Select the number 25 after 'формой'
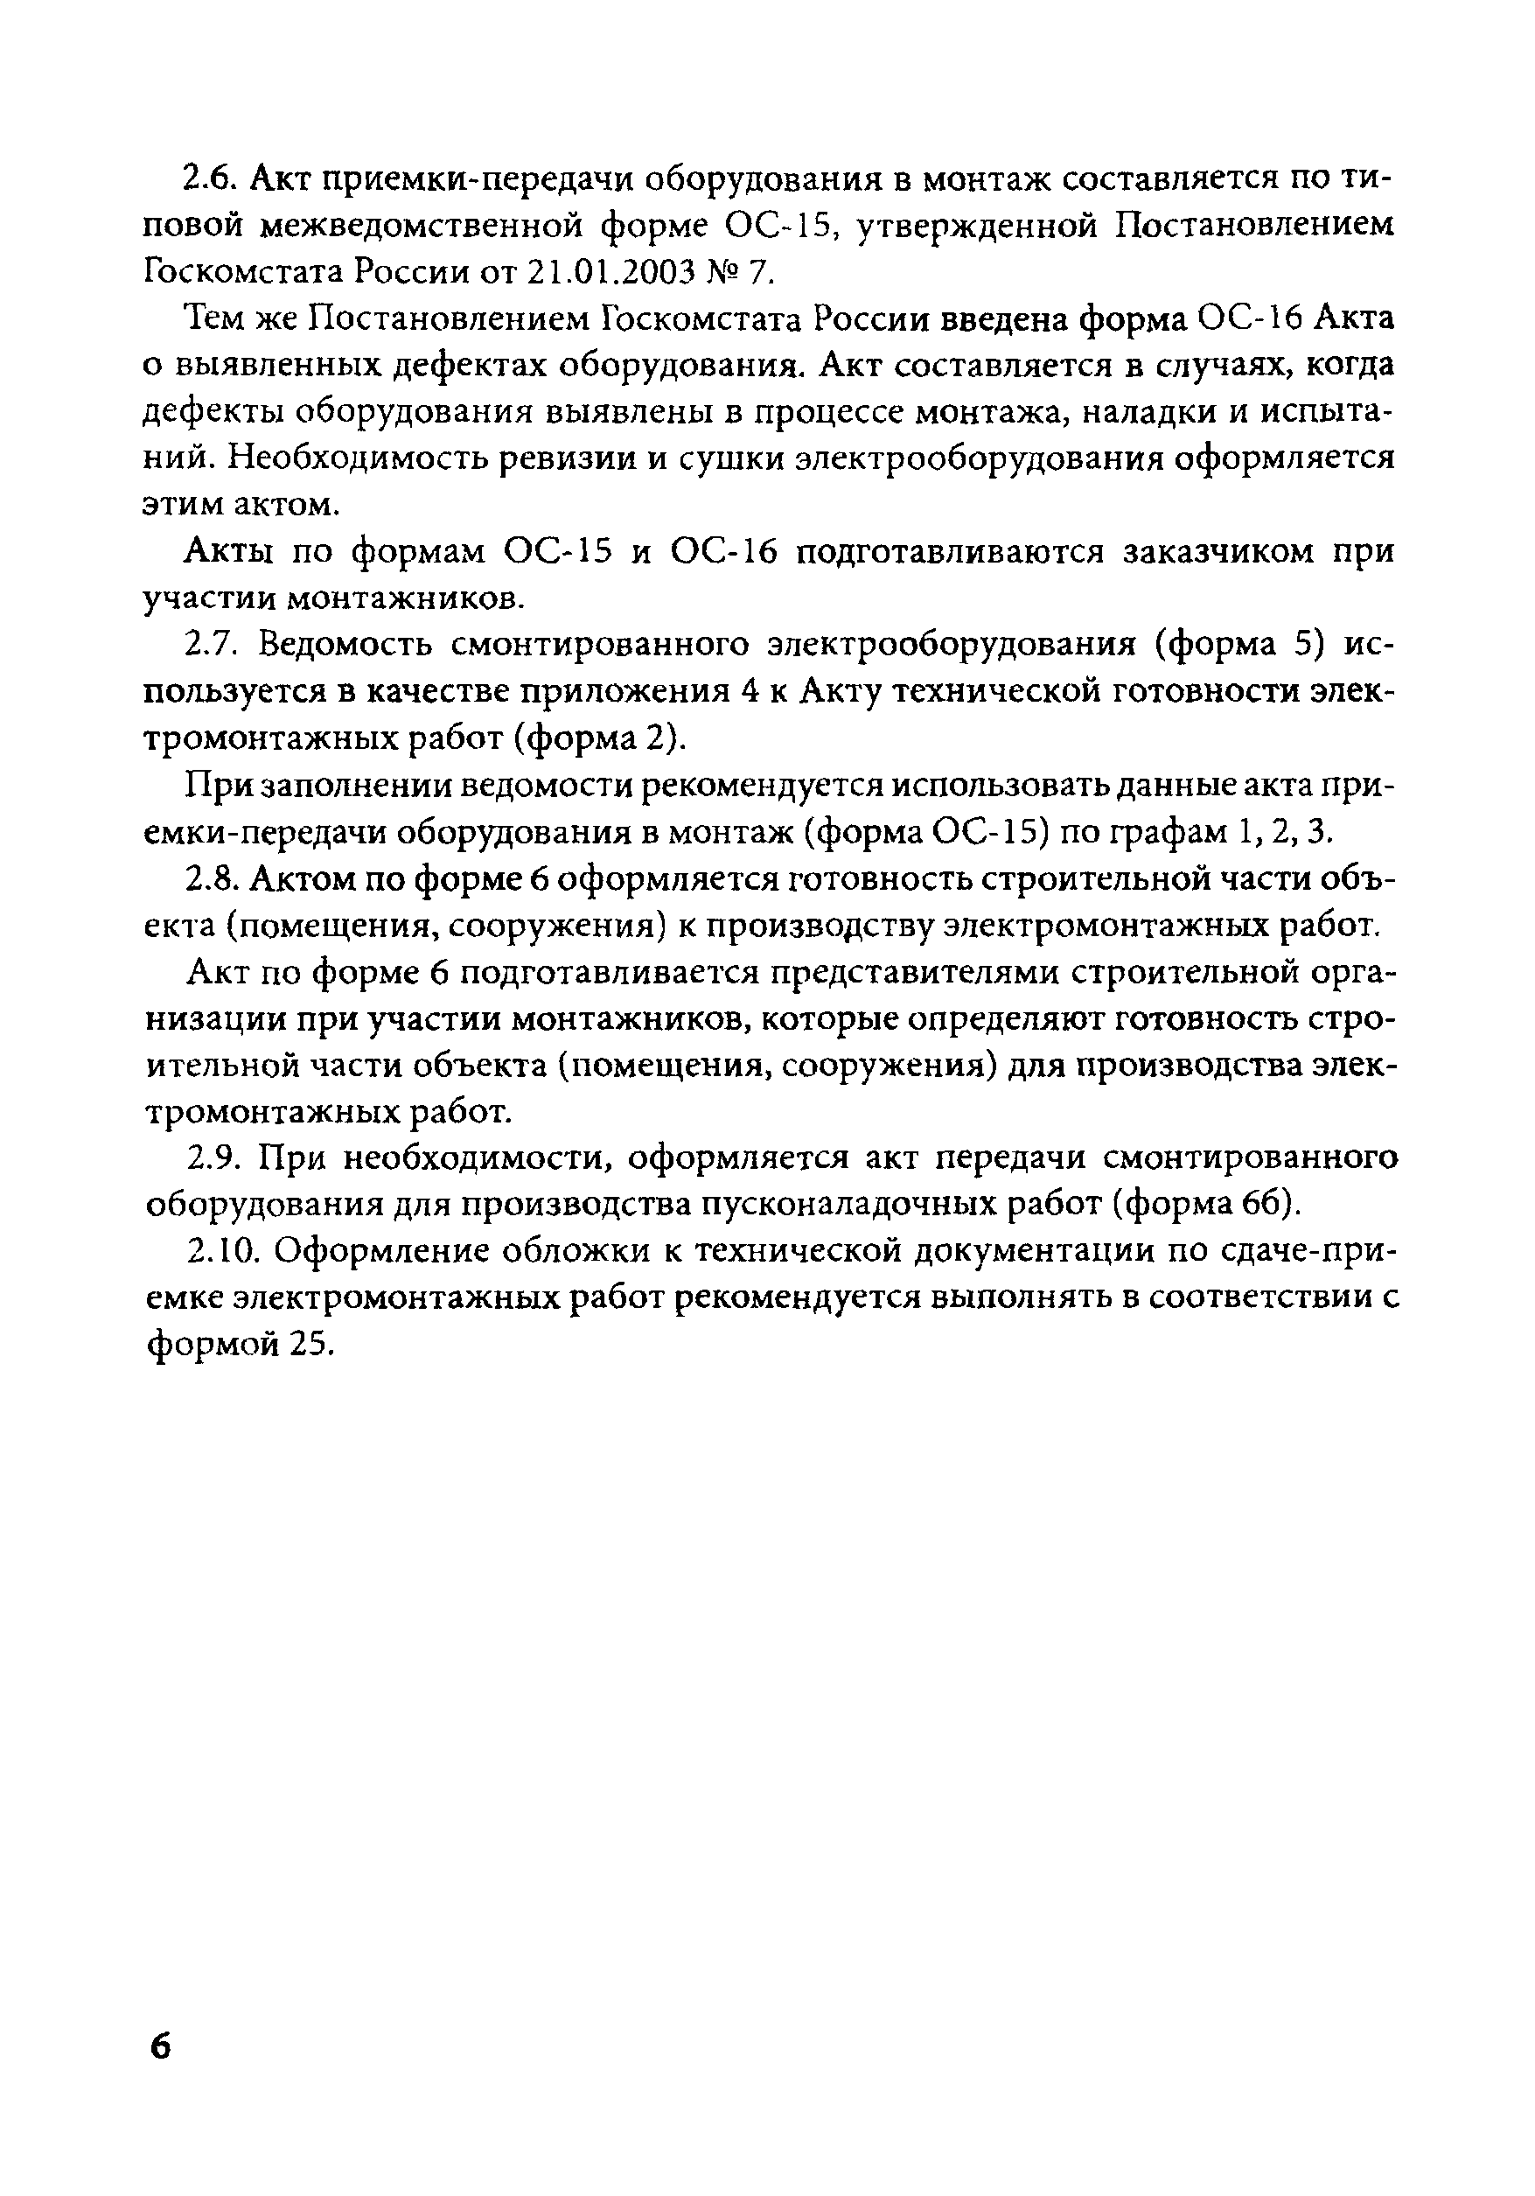[x=309, y=1346]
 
